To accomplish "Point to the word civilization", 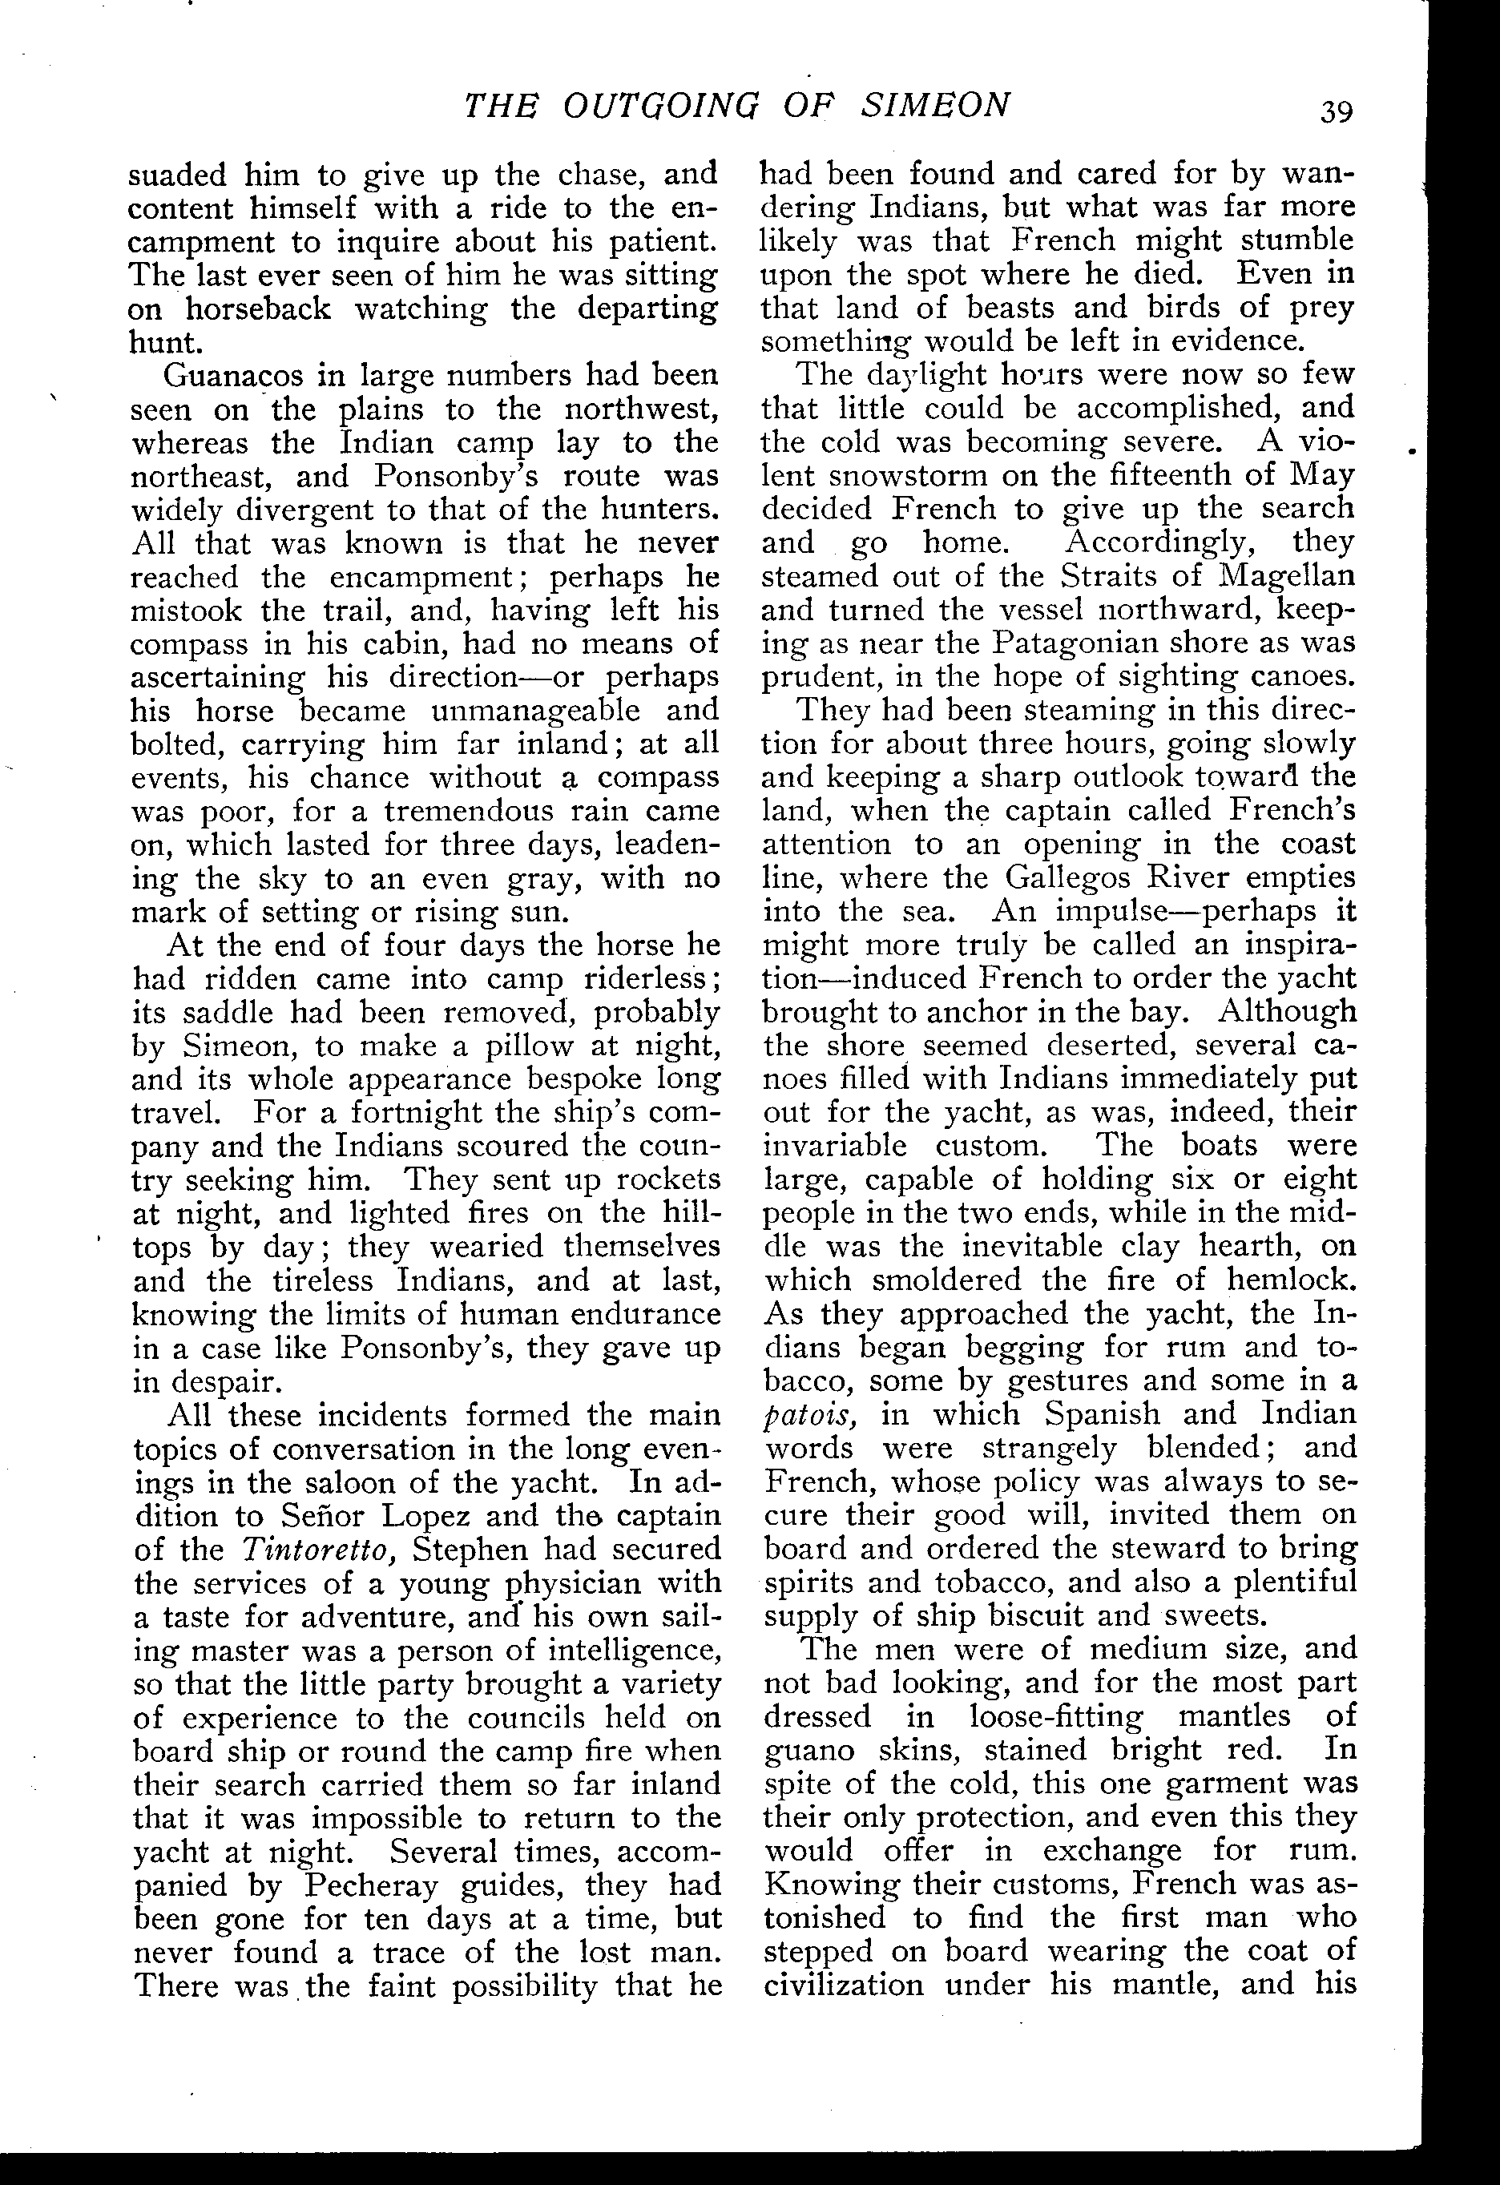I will click(x=844, y=1985).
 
